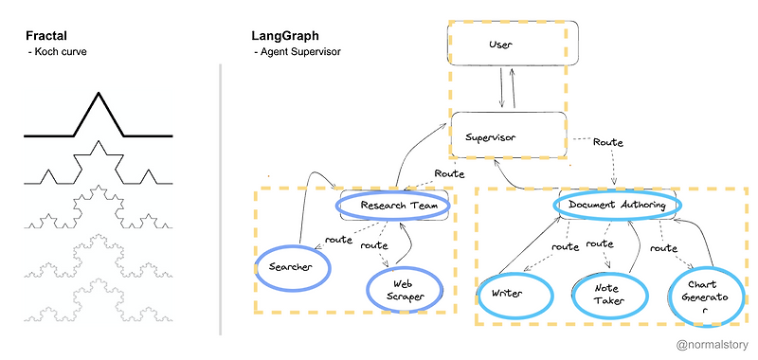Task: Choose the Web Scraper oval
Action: [x=404, y=289]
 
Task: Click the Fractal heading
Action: [x=45, y=37]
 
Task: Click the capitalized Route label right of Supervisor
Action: [x=606, y=142]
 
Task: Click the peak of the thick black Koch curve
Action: [x=96, y=93]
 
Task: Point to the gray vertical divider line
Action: [x=220, y=199]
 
